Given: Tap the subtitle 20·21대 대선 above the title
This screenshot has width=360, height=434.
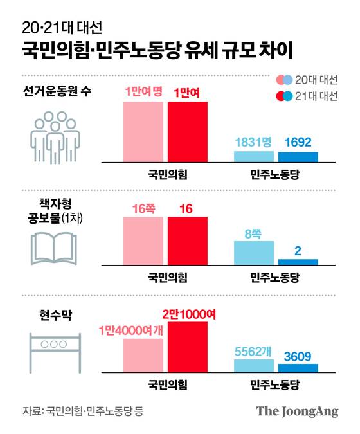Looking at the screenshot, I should coord(61,27).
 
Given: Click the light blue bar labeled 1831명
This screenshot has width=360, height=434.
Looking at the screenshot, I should coord(254,156).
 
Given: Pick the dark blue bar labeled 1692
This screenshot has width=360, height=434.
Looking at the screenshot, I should coord(298,156).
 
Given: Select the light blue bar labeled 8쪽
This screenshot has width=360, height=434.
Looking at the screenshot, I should coord(254,253).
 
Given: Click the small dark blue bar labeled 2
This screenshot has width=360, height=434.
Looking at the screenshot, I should coord(298,262).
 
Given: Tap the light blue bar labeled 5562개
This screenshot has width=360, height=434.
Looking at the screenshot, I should coord(254,366).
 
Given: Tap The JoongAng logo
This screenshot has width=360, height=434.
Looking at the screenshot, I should coord(297,411).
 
